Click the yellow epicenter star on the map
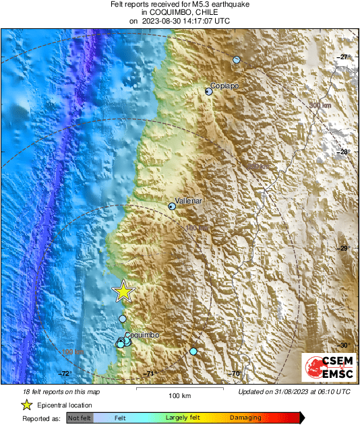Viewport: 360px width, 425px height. pos(123,291)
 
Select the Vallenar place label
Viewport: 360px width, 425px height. pos(188,201)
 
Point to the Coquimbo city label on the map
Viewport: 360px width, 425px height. pos(142,335)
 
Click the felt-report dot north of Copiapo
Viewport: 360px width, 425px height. pos(237,60)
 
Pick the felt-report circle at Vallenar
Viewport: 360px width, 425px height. pos(172,207)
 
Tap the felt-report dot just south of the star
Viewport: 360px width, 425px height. pos(122,319)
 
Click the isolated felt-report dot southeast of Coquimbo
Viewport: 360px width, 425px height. pos(193,352)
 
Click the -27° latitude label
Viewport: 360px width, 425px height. pos(344,57)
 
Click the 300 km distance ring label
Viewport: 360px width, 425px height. pos(320,106)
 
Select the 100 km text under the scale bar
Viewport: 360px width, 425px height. pos(178,395)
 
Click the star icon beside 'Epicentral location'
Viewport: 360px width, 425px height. pos(26,405)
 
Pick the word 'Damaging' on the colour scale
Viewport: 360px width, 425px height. pos(245,418)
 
